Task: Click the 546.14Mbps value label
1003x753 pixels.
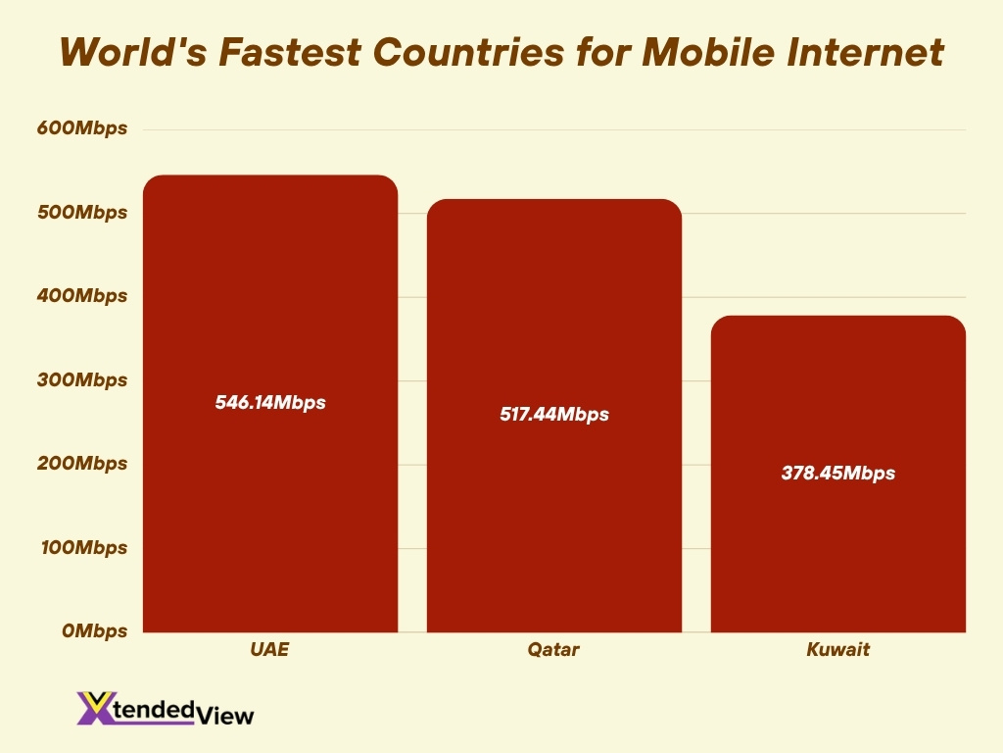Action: pyautogui.click(x=270, y=402)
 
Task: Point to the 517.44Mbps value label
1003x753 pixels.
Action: pyautogui.click(x=553, y=415)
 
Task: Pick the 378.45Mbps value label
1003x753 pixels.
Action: pyautogui.click(x=837, y=474)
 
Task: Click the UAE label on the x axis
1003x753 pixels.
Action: pyautogui.click(x=270, y=650)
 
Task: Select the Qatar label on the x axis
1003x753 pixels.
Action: pyautogui.click(x=553, y=650)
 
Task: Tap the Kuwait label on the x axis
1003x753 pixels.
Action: pyautogui.click(x=837, y=650)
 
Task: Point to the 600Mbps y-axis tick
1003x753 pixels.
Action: pyautogui.click(x=82, y=128)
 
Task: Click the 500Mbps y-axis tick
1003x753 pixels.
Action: pyautogui.click(x=82, y=213)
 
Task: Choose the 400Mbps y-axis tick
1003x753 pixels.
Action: pyautogui.click(x=82, y=296)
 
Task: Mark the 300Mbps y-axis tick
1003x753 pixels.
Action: pyautogui.click(x=82, y=380)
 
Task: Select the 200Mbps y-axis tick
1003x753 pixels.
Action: pyautogui.click(x=82, y=464)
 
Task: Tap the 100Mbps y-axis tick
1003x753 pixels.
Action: pyautogui.click(x=82, y=548)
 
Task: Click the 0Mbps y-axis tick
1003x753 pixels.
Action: pyautogui.click(x=94, y=631)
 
